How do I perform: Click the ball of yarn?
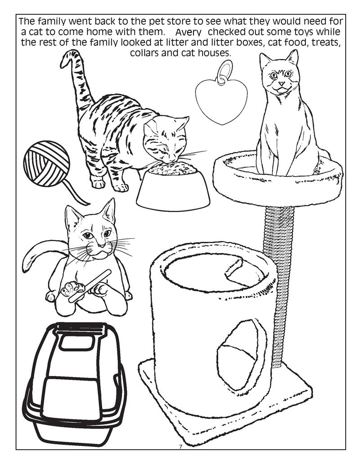pos(47,164)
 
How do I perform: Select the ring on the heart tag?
pos(224,73)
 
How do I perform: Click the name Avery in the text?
pos(189,33)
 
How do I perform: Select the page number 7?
pos(180,446)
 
